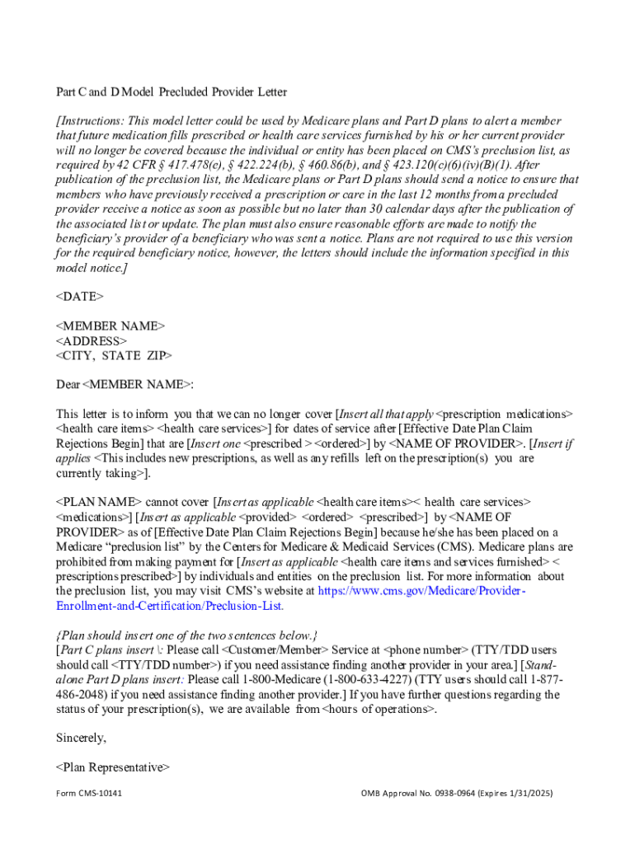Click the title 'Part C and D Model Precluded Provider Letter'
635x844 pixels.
(x=172, y=91)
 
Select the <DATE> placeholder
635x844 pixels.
(x=80, y=295)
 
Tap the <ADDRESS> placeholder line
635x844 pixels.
(x=92, y=340)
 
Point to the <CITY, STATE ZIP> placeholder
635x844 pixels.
(x=115, y=355)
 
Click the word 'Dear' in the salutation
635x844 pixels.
(x=68, y=385)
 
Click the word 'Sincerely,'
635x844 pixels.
(x=81, y=738)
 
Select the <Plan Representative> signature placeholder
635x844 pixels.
(x=113, y=767)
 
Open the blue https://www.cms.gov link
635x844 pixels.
(x=422, y=591)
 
